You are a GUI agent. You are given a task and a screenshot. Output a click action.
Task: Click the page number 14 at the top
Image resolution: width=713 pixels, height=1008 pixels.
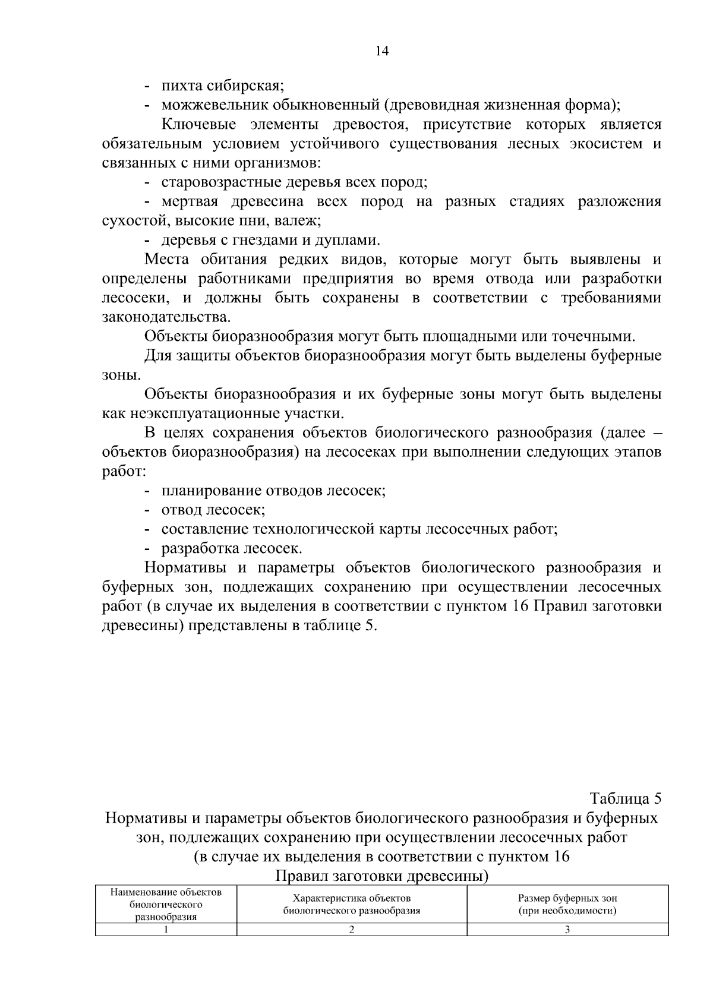[381, 51]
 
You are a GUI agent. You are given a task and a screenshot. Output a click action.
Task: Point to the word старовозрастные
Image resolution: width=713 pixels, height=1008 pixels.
[222, 182]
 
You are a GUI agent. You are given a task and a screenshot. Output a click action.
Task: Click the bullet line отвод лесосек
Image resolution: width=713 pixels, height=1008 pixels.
[212, 510]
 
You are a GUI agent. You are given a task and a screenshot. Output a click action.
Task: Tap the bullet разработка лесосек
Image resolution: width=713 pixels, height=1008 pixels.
[231, 548]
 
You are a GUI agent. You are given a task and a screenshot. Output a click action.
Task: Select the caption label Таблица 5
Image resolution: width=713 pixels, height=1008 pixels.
[624, 798]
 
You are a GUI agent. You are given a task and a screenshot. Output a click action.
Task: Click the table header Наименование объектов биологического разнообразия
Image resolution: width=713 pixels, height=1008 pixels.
[166, 904]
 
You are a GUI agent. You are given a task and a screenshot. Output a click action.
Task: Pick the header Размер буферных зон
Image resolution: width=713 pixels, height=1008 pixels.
[567, 904]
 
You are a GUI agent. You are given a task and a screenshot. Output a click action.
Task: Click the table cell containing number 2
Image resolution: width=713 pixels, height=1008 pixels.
[352, 930]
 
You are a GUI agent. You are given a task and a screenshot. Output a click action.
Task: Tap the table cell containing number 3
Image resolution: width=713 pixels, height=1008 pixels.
[567, 930]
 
